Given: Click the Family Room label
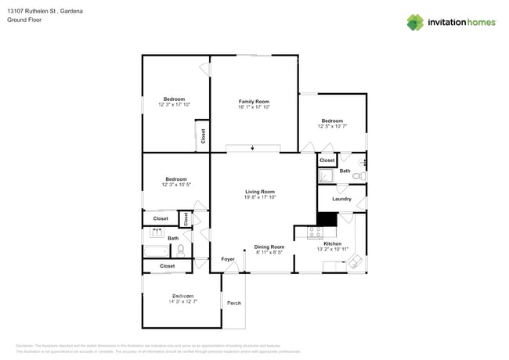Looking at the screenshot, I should point(254,102).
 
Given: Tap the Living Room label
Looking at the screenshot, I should point(260,192).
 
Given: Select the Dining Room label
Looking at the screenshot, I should point(269,247).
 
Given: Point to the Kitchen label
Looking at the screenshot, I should point(333,244).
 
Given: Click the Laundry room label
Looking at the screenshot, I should point(341,199).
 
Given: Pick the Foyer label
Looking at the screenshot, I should point(228,259).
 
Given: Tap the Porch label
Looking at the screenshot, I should point(233,302).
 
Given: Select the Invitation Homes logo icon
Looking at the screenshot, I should point(415,22).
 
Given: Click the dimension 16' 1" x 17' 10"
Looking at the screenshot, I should point(254,107).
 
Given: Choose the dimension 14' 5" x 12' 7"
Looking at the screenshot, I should point(182,301).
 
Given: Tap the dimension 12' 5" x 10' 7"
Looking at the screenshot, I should point(332,126).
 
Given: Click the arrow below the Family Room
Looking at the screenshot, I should point(253,147).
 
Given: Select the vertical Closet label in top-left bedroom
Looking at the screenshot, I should point(203,135).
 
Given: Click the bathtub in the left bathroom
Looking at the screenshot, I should point(157,251).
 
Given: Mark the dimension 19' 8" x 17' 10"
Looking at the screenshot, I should point(260,197).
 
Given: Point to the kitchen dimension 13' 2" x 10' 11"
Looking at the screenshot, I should point(333,250).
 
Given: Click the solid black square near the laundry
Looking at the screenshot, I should point(326,219).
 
